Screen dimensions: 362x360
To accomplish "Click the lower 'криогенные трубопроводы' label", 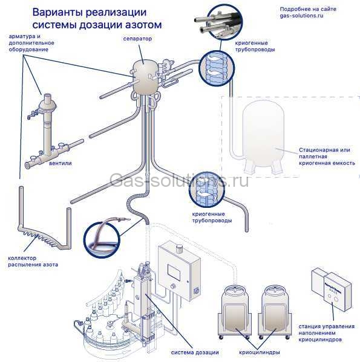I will click(x=210, y=218).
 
